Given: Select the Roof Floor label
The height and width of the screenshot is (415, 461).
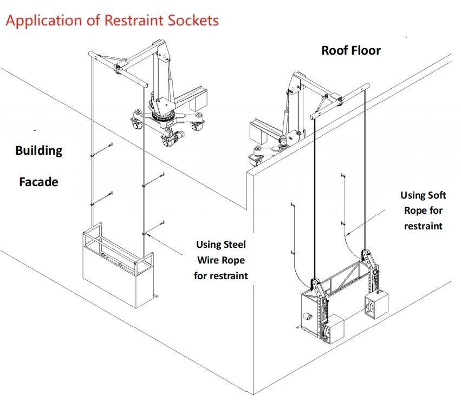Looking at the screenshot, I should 351,50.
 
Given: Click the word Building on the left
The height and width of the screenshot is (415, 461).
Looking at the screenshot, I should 38,150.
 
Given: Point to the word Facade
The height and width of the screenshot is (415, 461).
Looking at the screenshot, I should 38,182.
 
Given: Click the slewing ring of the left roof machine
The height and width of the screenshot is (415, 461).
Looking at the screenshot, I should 164,116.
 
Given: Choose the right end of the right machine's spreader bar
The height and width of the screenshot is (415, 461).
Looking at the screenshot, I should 367,85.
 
